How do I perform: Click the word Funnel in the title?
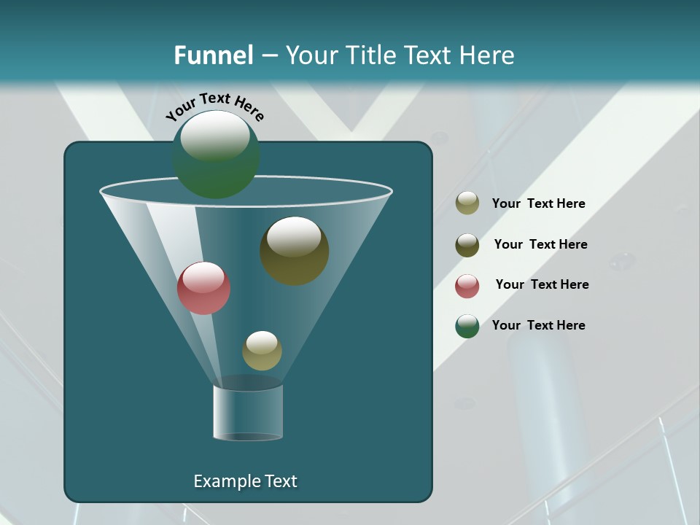[213, 55]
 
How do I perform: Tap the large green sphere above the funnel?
[216, 155]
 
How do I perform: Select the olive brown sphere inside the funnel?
[295, 251]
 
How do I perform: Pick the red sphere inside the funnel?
[203, 289]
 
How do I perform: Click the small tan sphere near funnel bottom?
[262, 351]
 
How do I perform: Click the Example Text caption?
[245, 481]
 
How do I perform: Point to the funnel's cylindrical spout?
[248, 413]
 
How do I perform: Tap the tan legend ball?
[467, 203]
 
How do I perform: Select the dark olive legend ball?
[467, 245]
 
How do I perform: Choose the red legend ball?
[467, 286]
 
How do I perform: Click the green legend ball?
[467, 326]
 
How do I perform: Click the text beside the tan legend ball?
[538, 203]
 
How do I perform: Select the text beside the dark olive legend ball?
[540, 244]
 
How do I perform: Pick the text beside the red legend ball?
[542, 284]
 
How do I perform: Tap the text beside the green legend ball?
[538, 325]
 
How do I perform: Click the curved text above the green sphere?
[214, 105]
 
